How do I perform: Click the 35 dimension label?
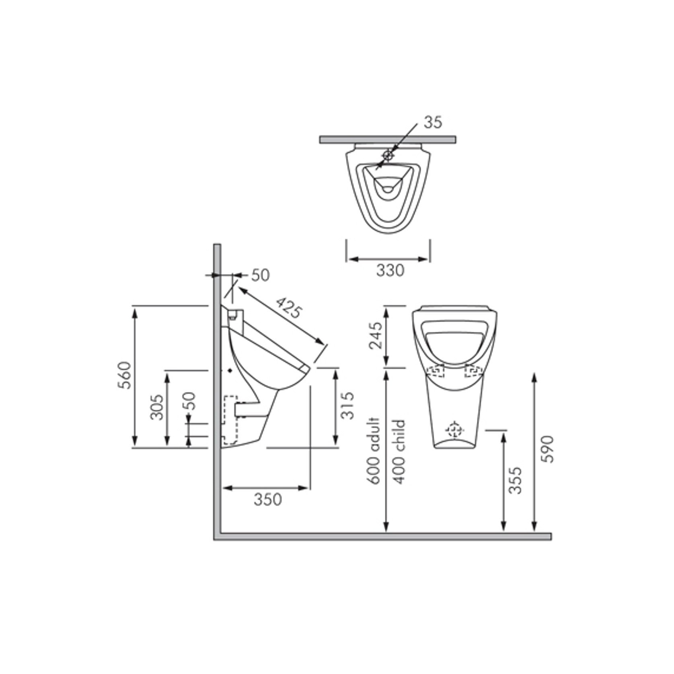click(433, 122)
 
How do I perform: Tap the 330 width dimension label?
click(390, 270)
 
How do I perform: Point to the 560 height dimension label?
click(125, 375)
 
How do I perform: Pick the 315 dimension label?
click(347, 405)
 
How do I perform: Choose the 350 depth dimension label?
click(268, 499)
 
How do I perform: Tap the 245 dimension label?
click(376, 336)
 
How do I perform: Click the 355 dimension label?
click(515, 480)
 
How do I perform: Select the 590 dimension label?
click(548, 449)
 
